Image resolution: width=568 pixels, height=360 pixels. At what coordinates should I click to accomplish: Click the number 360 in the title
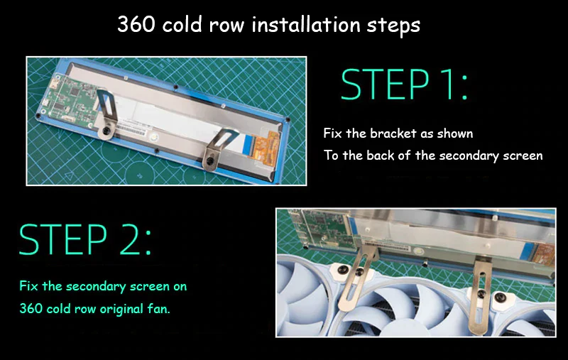[136, 24]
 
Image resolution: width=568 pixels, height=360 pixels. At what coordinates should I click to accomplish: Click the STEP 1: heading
[404, 84]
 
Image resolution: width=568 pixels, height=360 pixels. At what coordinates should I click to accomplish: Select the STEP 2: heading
[85, 240]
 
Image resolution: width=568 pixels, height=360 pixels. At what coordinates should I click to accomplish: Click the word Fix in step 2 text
[28, 286]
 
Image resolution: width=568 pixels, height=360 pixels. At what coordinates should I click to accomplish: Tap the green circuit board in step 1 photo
[69, 99]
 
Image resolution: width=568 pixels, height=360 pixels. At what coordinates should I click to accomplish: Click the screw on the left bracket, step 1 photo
[107, 130]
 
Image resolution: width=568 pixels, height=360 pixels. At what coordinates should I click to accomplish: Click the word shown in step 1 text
[455, 133]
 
